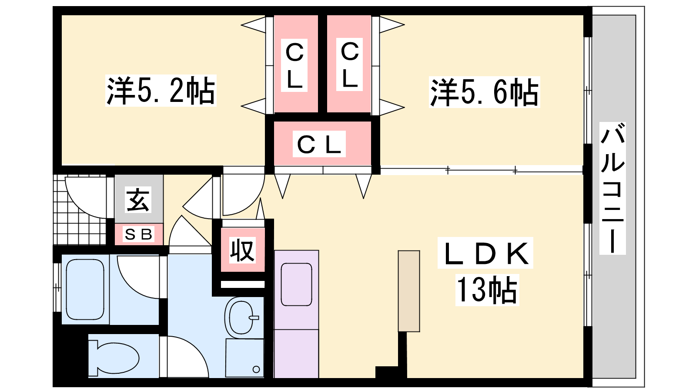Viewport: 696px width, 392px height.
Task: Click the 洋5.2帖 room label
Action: pyautogui.click(x=161, y=91)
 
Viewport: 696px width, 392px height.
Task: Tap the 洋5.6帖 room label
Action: pyautogui.click(x=485, y=92)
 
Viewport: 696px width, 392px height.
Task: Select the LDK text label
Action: pyautogui.click(x=485, y=253)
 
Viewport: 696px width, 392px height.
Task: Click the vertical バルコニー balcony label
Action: pyautogui.click(x=612, y=188)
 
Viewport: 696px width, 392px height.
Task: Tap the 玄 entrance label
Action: pyautogui.click(x=138, y=200)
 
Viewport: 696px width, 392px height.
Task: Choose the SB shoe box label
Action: pyautogui.click(x=139, y=234)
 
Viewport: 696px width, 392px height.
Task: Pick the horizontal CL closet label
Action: pyautogui.click(x=319, y=144)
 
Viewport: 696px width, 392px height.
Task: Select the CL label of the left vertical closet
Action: pyautogui.click(x=294, y=65)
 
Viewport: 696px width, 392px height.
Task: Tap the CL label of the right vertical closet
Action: pyautogui.click(x=350, y=65)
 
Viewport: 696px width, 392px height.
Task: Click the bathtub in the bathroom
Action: pyautogui.click(x=85, y=289)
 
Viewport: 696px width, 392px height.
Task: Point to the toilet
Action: pyautogui.click(x=114, y=358)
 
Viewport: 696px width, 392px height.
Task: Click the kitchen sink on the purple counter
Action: pyautogui.click(x=296, y=284)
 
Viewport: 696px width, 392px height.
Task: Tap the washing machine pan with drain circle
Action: pyautogui.click(x=244, y=358)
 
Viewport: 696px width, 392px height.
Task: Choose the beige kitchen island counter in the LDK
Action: pyautogui.click(x=409, y=291)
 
